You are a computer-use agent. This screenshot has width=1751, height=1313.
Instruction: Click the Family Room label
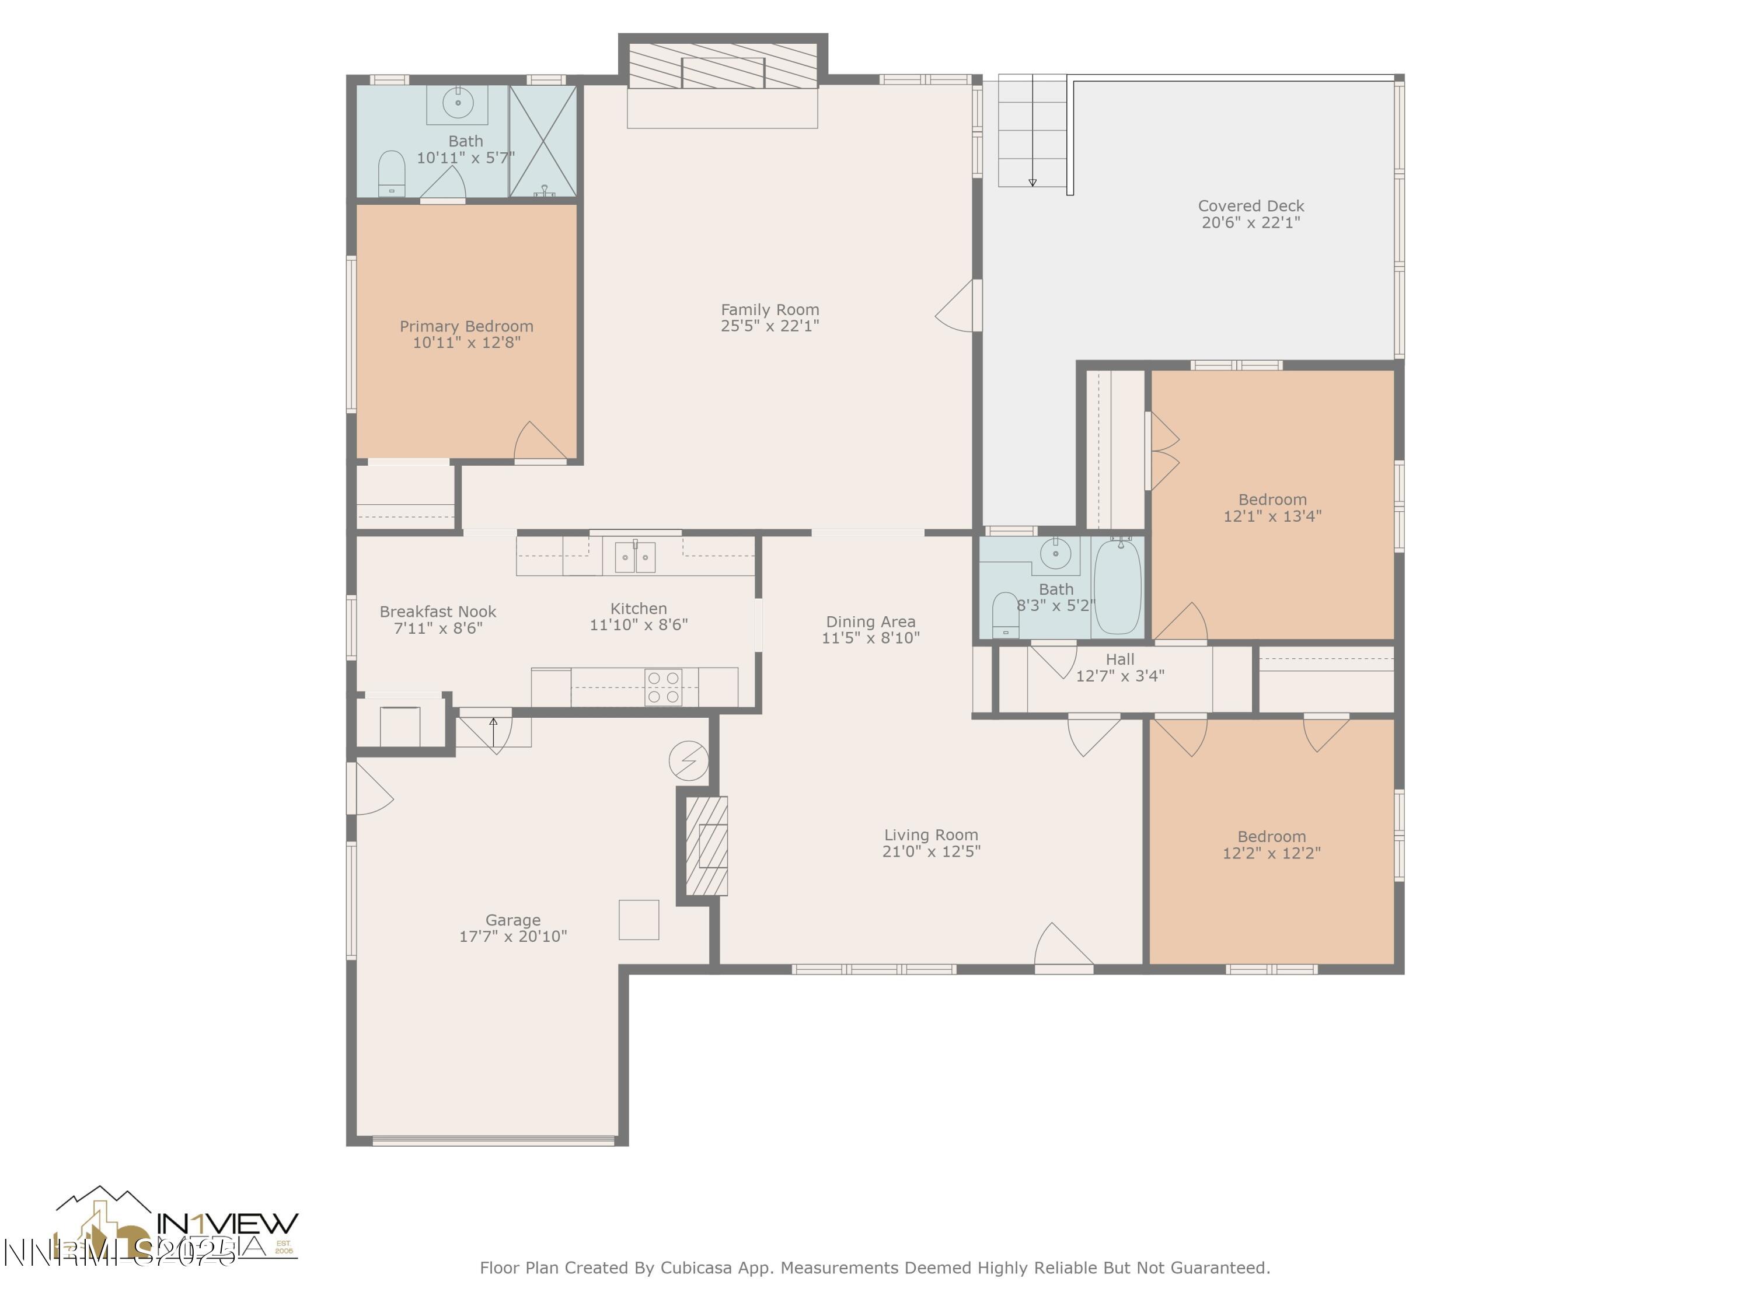click(x=769, y=309)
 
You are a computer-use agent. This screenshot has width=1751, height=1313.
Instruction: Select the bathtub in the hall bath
click(x=1118, y=586)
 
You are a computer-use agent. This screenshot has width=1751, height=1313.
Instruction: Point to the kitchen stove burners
click(x=664, y=687)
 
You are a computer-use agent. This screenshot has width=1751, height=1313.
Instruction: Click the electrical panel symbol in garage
click(x=688, y=760)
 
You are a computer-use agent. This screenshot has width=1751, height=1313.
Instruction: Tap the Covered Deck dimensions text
click(x=1251, y=223)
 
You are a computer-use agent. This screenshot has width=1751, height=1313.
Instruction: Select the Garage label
click(x=513, y=920)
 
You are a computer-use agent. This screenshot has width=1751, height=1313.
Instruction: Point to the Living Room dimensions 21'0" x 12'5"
click(x=931, y=851)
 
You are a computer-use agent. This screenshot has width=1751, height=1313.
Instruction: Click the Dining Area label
click(x=870, y=621)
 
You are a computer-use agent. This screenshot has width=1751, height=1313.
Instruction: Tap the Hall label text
click(x=1119, y=659)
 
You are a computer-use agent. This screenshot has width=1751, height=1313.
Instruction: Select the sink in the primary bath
click(x=458, y=103)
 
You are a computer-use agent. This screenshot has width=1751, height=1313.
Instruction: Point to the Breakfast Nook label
click(x=438, y=612)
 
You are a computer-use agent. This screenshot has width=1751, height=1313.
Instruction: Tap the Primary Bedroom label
click(x=466, y=326)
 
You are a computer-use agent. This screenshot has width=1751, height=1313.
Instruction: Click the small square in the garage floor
click(x=639, y=920)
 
